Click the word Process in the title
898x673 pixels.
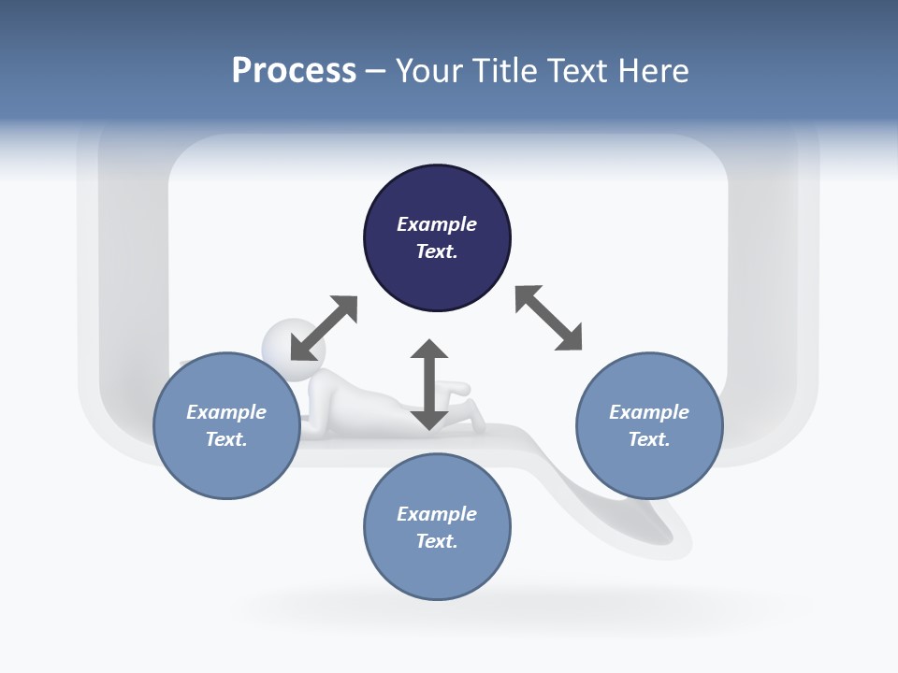(294, 71)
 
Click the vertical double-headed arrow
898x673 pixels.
(429, 384)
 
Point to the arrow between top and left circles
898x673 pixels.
(324, 328)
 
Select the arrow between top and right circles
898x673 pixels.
(548, 318)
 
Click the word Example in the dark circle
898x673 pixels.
(437, 224)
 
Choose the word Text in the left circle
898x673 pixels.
(225, 439)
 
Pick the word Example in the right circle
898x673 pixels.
(649, 412)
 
